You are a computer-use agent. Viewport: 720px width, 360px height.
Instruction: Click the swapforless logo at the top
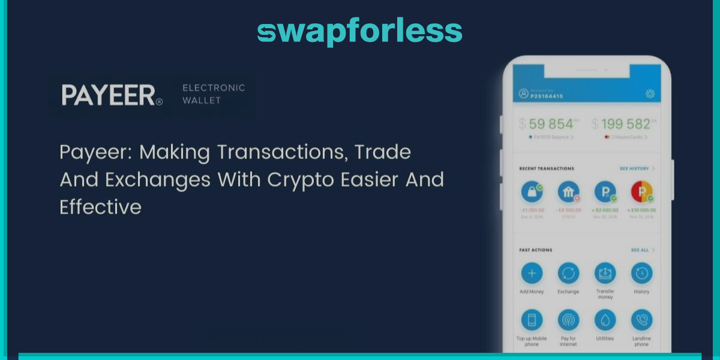[359, 31]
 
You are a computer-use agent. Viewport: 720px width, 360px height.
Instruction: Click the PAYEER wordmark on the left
[112, 95]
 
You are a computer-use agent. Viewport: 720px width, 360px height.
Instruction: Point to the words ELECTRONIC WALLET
[213, 94]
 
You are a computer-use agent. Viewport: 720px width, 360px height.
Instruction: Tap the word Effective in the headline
[100, 207]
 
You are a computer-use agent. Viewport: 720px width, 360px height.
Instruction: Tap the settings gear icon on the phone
[649, 94]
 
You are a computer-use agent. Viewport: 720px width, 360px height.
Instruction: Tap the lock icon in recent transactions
[532, 192]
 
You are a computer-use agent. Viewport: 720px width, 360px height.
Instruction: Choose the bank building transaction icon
[568, 192]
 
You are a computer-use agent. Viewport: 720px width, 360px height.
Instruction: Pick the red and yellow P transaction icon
[641, 192]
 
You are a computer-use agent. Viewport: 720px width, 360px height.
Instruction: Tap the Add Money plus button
[532, 274]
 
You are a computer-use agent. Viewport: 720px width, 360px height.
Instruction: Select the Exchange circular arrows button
[568, 274]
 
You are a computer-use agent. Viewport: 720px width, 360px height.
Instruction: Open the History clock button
[641, 274]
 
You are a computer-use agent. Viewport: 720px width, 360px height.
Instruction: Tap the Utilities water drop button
[605, 320]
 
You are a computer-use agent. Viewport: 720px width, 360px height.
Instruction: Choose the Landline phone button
[641, 320]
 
